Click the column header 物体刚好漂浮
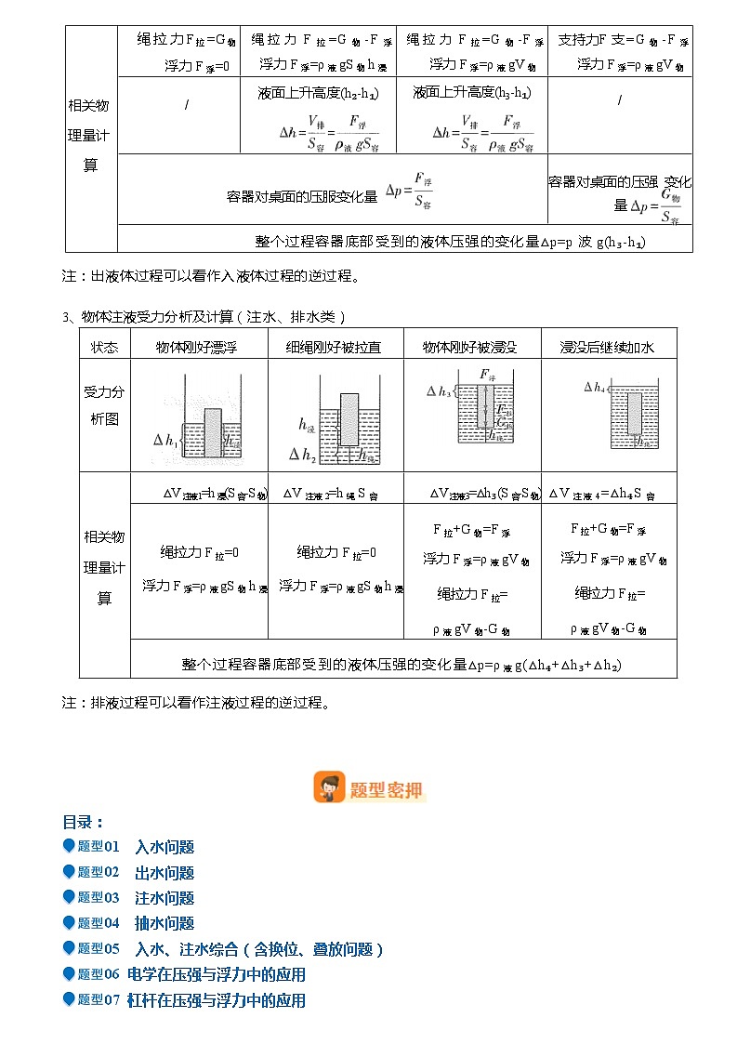pos(199,347)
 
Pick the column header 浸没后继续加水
pos(608,347)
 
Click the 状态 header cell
pos(104,347)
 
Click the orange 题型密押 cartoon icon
pos(329,787)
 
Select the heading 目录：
pos(83,822)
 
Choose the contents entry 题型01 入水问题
pos(135,847)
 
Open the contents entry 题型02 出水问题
pos(135,872)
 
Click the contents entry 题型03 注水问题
pos(135,897)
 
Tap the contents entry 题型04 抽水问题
pos(135,923)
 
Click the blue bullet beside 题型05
pos(68,948)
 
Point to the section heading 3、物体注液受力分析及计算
pos(204,317)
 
